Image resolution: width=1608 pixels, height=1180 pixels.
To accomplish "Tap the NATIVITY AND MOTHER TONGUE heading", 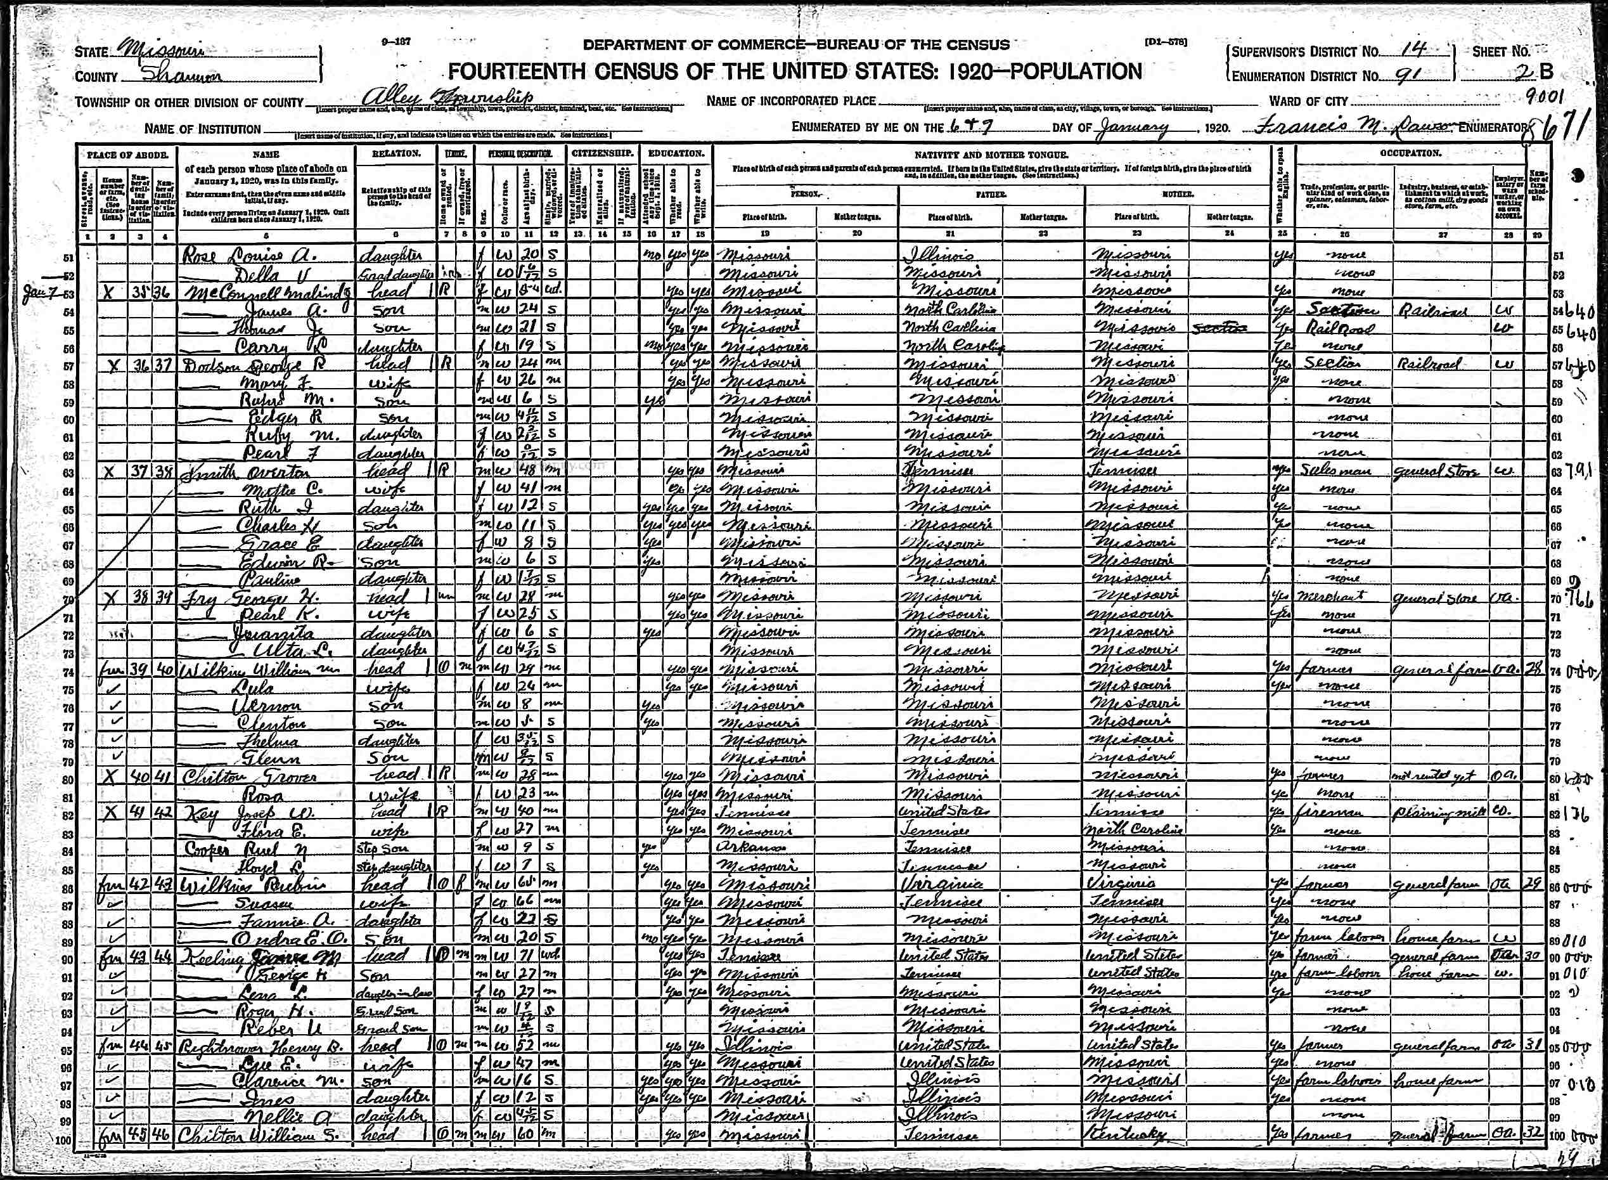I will click(x=991, y=155).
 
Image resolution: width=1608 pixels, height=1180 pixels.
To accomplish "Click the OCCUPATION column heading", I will click(x=1411, y=153).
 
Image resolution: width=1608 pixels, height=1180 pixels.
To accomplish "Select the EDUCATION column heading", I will click(x=676, y=153).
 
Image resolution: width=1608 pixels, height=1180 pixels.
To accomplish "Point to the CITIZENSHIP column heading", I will click(x=603, y=153).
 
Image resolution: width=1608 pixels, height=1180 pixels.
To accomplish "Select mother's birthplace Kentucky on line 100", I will click(x=1133, y=1134).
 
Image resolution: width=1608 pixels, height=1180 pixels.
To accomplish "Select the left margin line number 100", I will click(x=63, y=1141).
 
